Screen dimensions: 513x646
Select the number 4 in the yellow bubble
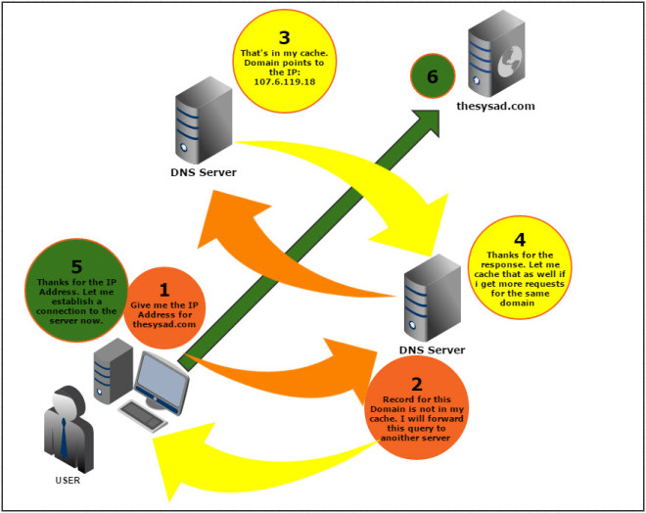(x=519, y=239)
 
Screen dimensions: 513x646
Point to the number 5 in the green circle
(x=77, y=266)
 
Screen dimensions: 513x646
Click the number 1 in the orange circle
(x=163, y=290)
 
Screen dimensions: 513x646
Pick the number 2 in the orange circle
(x=417, y=384)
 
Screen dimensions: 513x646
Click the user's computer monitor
(x=161, y=382)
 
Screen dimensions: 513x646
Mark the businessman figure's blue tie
(x=64, y=436)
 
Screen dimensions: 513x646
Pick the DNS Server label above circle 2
(x=432, y=350)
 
